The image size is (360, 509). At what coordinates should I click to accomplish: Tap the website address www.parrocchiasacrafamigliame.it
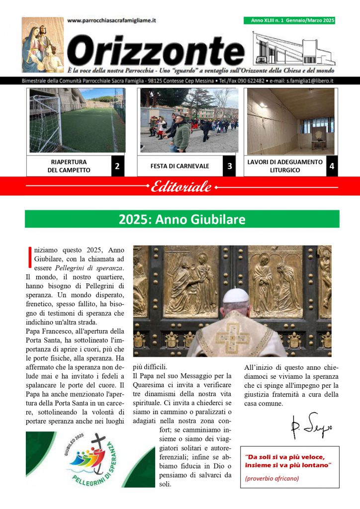point(111,20)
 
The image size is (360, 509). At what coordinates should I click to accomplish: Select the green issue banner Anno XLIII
point(289,20)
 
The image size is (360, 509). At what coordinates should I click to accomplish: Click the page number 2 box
point(117,166)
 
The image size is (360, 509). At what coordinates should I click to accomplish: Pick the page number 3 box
point(229,166)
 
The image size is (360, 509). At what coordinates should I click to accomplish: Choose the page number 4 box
point(332,166)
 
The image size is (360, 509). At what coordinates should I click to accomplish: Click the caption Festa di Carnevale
point(180,166)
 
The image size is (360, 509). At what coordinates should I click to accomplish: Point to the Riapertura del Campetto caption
point(69,166)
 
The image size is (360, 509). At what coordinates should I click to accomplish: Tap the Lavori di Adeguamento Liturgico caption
point(285,166)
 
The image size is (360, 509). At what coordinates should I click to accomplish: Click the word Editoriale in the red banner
point(181,187)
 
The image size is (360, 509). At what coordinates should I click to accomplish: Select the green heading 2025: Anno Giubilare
point(182,219)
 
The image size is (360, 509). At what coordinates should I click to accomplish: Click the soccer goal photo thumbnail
point(77,120)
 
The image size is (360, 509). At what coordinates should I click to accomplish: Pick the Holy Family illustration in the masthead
point(43,45)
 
